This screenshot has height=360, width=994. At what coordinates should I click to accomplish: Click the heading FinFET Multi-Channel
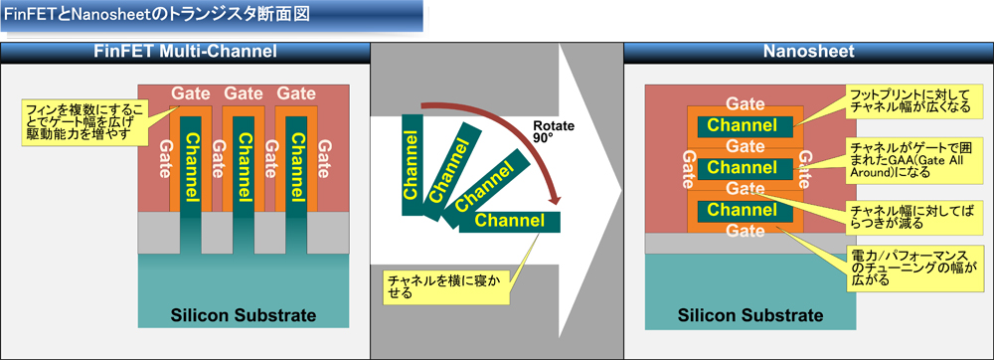[x=184, y=52]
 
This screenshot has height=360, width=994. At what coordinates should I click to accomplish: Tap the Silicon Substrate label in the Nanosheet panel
[x=750, y=316]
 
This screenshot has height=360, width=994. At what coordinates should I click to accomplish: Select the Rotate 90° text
[x=553, y=132]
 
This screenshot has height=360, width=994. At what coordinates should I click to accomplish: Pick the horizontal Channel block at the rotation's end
[x=510, y=221]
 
